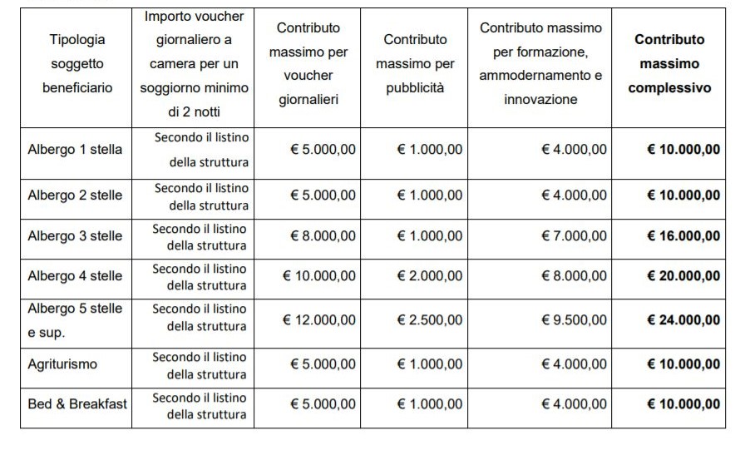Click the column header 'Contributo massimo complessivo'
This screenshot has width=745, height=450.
(669, 63)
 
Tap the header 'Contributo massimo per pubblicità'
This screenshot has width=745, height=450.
(415, 63)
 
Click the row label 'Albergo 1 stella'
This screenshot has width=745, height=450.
(75, 150)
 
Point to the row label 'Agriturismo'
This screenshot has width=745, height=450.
(62, 364)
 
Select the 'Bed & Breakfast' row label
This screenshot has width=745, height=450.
(77, 404)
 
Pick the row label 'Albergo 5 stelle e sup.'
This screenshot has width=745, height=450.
(75, 320)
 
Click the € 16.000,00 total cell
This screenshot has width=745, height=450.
(683, 235)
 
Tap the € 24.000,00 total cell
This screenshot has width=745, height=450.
(683, 320)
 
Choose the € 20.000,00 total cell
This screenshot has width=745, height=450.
(683, 276)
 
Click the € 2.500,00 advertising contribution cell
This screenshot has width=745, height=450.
(429, 320)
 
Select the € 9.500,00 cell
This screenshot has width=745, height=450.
(574, 320)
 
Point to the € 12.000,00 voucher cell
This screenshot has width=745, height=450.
(319, 320)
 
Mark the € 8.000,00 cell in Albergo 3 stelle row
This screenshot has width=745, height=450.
(323, 235)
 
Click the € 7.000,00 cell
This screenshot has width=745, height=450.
(574, 235)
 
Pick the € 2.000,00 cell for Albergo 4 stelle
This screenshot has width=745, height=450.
(429, 276)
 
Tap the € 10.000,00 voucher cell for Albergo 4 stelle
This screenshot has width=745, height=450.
(319, 276)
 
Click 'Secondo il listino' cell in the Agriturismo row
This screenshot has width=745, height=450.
(200, 365)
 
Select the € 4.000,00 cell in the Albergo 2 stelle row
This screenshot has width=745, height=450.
(574, 195)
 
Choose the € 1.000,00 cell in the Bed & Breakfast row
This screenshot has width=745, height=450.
(429, 404)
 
